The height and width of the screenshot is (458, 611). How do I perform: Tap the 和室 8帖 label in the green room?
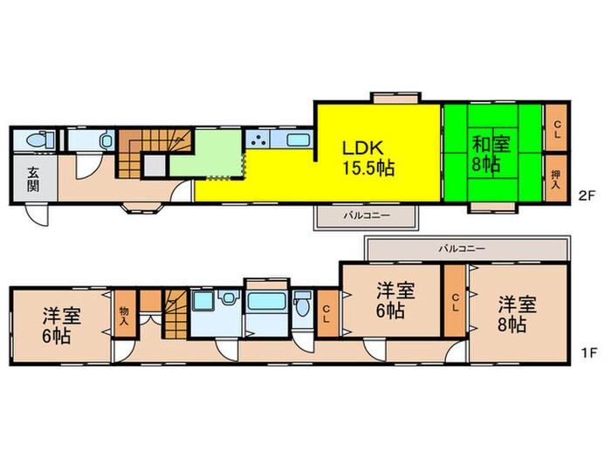click(x=486, y=154)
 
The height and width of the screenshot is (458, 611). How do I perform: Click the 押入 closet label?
click(x=556, y=178)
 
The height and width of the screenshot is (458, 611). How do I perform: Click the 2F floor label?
click(x=587, y=195)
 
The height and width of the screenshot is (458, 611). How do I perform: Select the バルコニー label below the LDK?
click(x=366, y=214)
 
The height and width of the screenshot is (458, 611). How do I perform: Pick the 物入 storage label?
click(x=123, y=315)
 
